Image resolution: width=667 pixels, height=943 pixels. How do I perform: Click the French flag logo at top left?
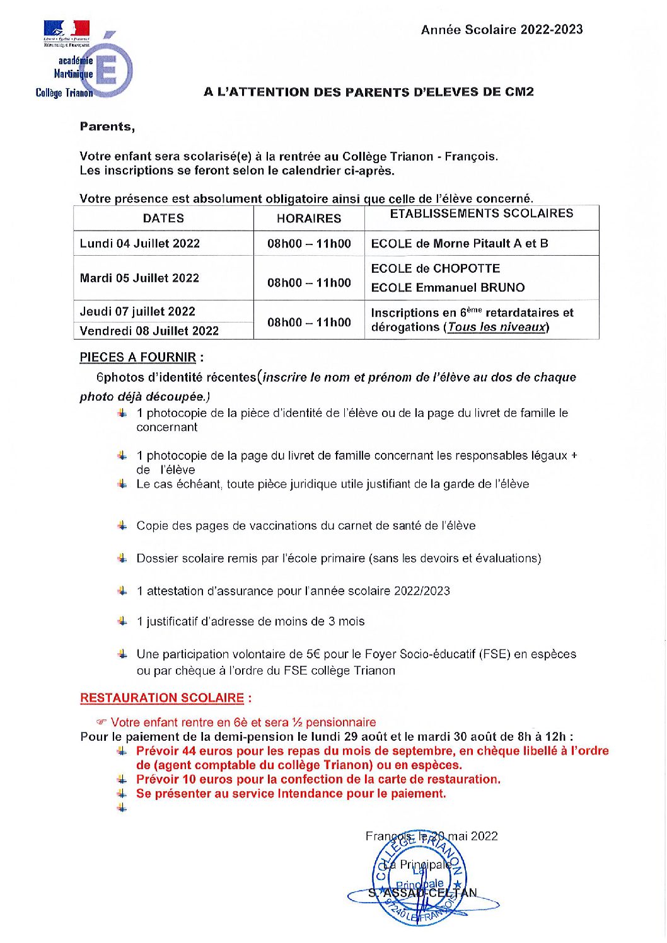(66, 29)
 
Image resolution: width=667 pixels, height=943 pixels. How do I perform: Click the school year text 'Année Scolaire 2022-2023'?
(502, 30)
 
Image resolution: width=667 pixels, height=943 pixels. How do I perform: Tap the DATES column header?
(163, 219)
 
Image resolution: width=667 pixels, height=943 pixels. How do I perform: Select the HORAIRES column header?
(309, 219)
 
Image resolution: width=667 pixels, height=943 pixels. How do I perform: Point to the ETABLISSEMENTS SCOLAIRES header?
(481, 214)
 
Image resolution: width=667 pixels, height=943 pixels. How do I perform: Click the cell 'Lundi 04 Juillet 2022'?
(140, 244)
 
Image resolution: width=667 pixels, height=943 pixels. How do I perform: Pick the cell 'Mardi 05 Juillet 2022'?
(139, 278)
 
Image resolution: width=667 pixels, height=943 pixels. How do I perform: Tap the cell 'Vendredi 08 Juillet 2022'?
(149, 331)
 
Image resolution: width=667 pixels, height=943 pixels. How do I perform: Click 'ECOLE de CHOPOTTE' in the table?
(436, 268)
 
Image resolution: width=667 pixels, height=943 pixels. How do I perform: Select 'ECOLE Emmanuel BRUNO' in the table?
(448, 288)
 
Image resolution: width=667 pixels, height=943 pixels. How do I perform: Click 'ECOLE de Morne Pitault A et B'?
(460, 244)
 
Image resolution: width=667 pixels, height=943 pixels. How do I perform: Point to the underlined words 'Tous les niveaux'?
(496, 327)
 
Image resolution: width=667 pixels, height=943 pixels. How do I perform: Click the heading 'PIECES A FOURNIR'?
(138, 357)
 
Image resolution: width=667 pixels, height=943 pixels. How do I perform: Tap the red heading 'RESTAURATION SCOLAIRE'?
(162, 698)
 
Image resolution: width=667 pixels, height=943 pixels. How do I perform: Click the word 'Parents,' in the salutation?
(107, 127)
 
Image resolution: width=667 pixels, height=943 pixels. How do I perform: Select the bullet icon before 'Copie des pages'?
(122, 525)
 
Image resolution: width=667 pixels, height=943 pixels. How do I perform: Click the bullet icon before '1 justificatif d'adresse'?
(122, 621)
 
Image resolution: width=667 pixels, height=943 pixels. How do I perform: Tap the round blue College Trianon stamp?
(419, 877)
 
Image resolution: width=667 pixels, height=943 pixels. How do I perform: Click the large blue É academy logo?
(113, 68)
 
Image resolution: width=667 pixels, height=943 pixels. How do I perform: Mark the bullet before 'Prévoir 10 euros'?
(122, 779)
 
